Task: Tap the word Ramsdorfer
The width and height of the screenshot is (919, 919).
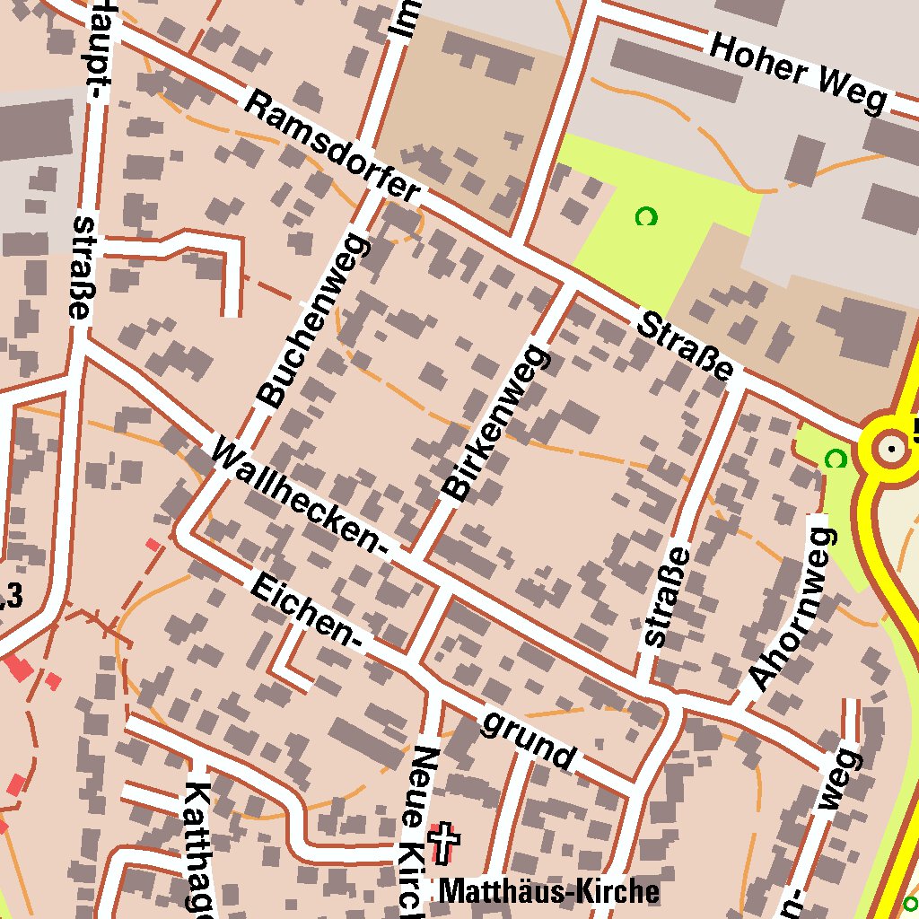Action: coord(333,146)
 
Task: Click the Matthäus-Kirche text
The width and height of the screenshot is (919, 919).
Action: coord(548,891)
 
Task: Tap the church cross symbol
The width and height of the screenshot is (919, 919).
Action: coord(443,844)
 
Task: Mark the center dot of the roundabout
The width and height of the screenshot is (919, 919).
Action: coord(891,447)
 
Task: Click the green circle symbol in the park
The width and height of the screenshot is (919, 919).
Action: coord(645,216)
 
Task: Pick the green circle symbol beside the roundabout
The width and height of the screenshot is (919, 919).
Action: coord(836,459)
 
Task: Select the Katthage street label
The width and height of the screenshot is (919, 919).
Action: coord(198,848)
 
